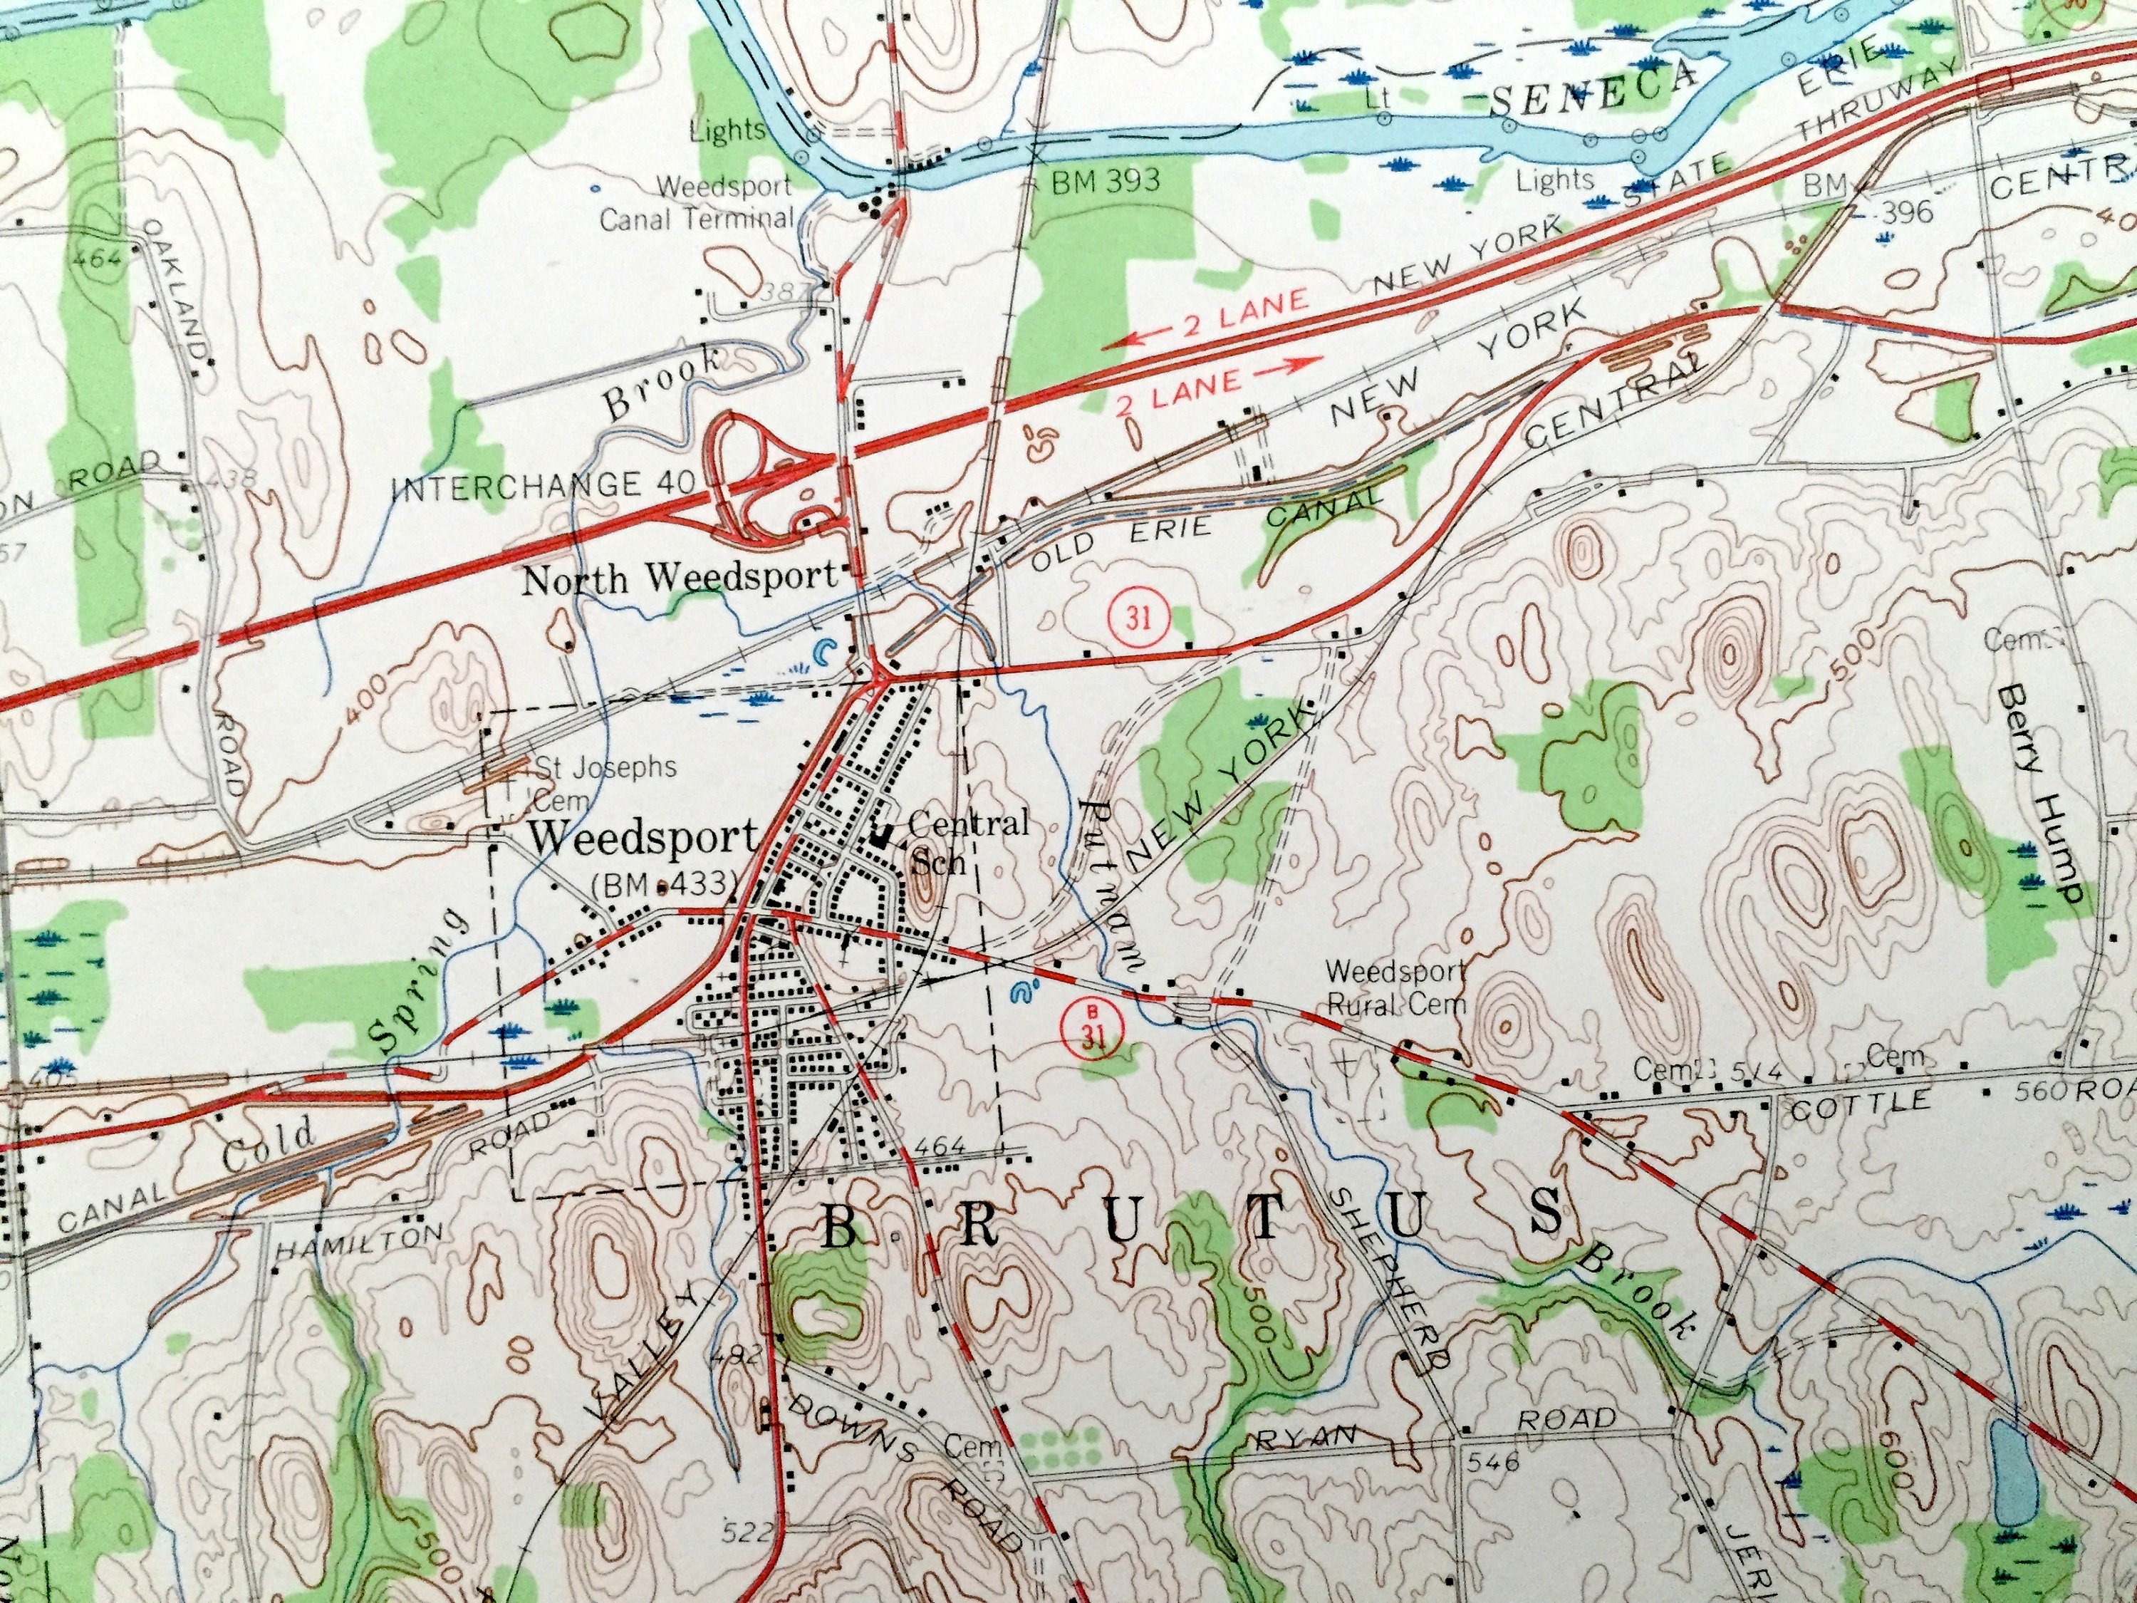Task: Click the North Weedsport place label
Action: tap(679, 579)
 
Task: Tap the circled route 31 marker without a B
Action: tap(1139, 618)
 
